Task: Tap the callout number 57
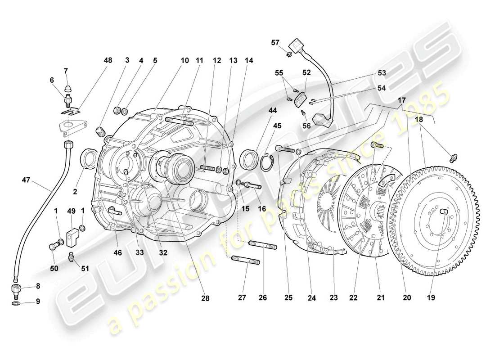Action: tap(275, 43)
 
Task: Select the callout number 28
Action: tap(205, 298)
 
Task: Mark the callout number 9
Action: tap(38, 301)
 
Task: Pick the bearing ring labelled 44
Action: tap(248, 160)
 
